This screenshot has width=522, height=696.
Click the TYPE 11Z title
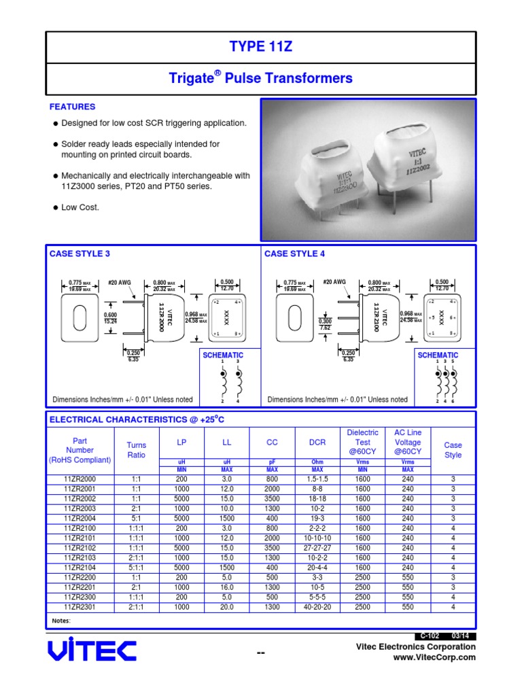pyautogui.click(x=261, y=46)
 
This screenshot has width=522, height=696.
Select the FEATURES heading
pyautogui.click(x=72, y=107)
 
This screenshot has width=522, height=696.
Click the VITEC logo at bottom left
pyautogui.click(x=92, y=651)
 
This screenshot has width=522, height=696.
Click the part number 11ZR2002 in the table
pyautogui.click(x=80, y=498)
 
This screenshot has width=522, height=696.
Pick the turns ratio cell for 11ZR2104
pyautogui.click(x=136, y=568)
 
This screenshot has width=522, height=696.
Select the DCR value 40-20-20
pyautogui.click(x=317, y=607)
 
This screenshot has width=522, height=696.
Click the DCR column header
pyautogui.click(x=317, y=442)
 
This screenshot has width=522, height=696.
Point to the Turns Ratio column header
pyautogui.click(x=136, y=450)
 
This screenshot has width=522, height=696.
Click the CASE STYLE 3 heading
pyautogui.click(x=80, y=254)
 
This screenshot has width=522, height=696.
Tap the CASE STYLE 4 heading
pyautogui.click(x=294, y=254)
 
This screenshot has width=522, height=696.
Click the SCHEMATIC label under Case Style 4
pyautogui.click(x=438, y=355)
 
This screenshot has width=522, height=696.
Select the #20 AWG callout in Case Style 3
pyautogui.click(x=120, y=281)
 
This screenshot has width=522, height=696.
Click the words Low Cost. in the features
pyautogui.click(x=80, y=207)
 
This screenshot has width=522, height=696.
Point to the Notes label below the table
pyautogui.click(x=61, y=621)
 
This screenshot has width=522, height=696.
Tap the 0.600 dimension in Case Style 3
pyautogui.click(x=110, y=315)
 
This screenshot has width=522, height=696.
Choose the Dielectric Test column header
pyautogui.click(x=362, y=442)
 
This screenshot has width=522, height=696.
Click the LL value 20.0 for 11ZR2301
pyautogui.click(x=227, y=607)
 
